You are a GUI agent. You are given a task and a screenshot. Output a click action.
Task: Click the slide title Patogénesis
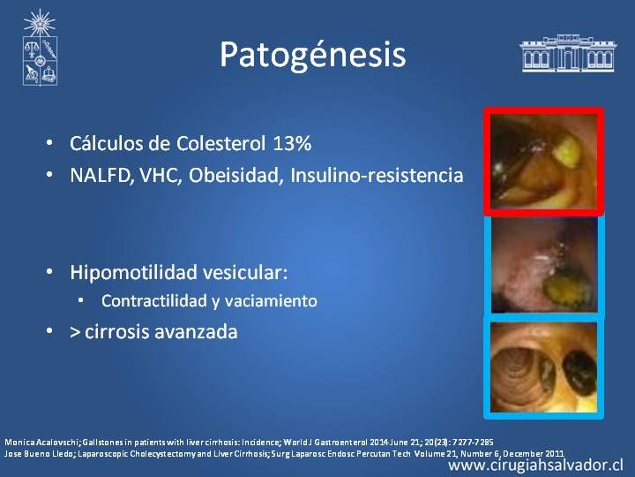[312, 55]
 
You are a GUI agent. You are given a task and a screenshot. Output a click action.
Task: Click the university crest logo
[40, 48]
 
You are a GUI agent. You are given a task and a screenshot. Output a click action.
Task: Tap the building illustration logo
[568, 53]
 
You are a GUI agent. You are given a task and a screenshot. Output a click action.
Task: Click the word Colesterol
[220, 144]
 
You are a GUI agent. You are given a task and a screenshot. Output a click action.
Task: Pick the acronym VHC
[160, 175]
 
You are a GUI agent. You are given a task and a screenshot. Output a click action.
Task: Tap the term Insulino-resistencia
[377, 175]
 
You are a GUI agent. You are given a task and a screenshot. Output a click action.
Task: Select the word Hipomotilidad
[133, 273]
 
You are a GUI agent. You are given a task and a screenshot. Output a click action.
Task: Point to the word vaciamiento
[271, 301]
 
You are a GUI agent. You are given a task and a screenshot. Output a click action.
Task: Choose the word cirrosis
[117, 332]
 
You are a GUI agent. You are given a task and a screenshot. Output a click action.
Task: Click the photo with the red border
[544, 161]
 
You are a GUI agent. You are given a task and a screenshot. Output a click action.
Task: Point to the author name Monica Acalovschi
[41, 443]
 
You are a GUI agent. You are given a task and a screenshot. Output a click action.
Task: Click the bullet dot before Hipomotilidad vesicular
[49, 272]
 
